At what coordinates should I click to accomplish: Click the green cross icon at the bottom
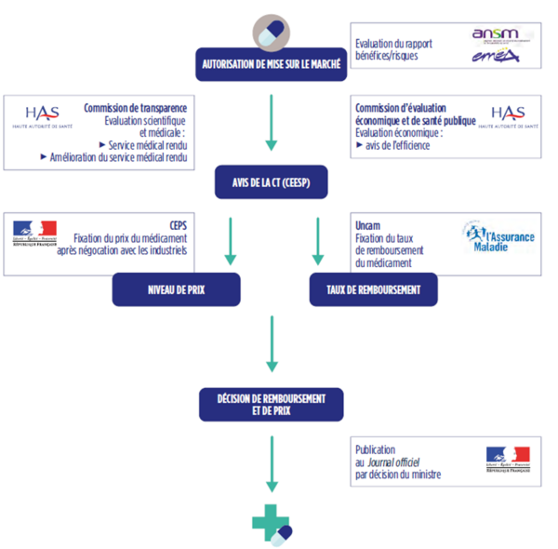point(272,527)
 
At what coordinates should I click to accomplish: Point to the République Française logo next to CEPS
point(35,232)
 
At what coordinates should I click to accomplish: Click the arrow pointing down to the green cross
point(272,465)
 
